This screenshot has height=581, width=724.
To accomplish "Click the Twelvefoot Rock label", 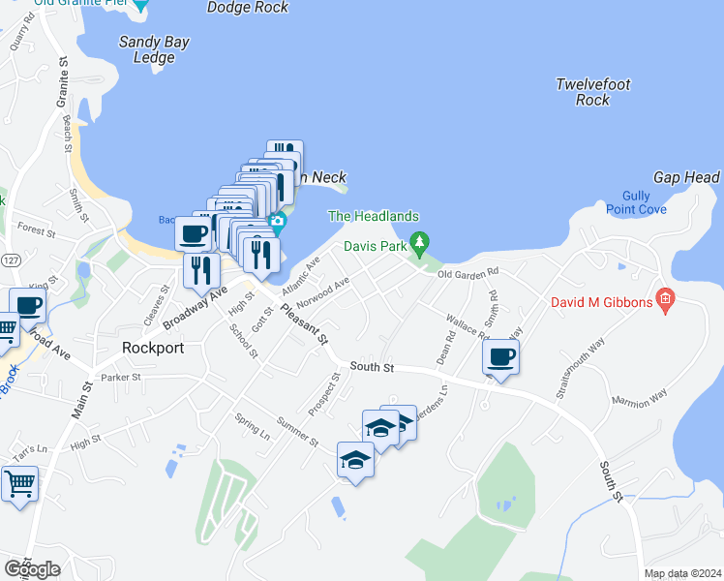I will click(x=593, y=92).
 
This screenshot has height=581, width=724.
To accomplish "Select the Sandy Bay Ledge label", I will click(x=154, y=49).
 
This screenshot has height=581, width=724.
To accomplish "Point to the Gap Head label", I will click(x=686, y=177).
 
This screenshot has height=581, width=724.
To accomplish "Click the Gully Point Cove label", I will click(x=636, y=201).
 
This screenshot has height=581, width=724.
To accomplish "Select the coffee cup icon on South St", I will click(x=501, y=357).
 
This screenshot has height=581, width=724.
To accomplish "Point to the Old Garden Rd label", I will click(x=468, y=273).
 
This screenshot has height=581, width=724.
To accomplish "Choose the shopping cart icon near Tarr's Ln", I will click(x=19, y=482).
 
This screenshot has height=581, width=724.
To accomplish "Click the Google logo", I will click(x=32, y=568).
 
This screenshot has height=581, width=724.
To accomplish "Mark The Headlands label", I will click(x=374, y=217).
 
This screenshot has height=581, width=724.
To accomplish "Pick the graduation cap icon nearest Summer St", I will click(x=356, y=460).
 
